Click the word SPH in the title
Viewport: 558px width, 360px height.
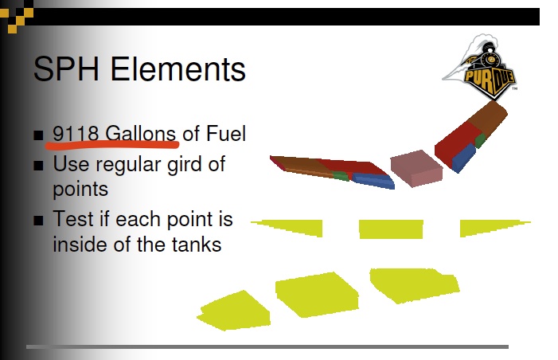point(68,70)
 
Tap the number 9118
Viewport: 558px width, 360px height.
point(76,133)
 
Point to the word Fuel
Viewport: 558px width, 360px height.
point(225,133)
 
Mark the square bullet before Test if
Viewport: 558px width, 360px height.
point(39,220)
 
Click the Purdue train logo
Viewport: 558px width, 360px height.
point(480,65)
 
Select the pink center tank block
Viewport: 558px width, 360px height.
point(416,167)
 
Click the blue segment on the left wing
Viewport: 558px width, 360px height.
point(373,181)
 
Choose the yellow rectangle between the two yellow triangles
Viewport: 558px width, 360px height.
point(391,229)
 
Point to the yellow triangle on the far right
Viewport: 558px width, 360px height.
point(489,227)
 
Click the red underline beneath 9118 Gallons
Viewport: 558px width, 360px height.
point(111,144)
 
